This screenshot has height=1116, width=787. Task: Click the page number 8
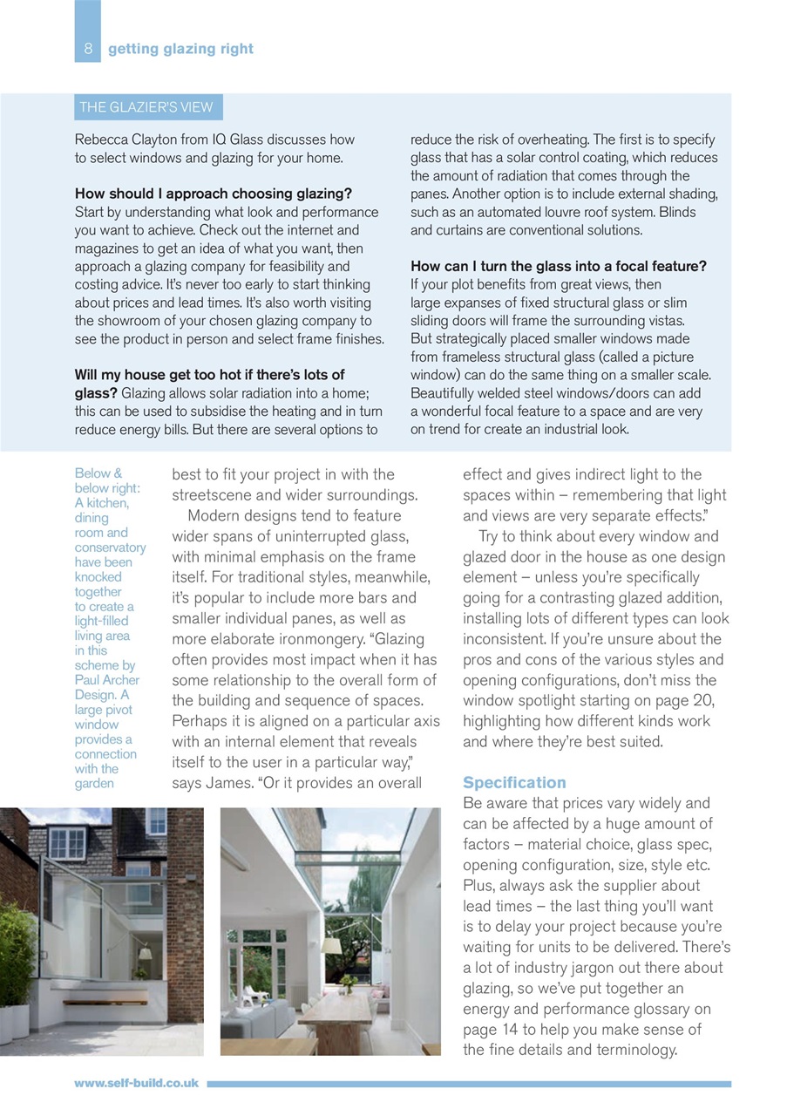[87, 49]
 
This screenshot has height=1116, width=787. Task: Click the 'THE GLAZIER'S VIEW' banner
[146, 107]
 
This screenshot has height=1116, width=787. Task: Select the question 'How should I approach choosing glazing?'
[214, 194]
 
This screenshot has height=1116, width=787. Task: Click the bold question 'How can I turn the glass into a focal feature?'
[558, 266]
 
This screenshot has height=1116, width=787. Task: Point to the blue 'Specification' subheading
[514, 782]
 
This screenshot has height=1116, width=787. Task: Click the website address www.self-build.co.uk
[136, 1083]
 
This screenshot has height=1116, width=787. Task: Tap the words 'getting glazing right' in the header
[180, 49]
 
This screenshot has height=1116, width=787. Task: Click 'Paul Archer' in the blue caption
[106, 680]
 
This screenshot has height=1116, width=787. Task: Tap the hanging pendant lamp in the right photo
[331, 944]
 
